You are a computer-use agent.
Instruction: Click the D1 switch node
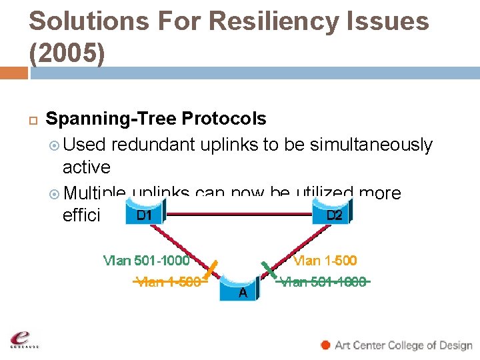(143, 215)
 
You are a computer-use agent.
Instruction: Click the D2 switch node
(333, 215)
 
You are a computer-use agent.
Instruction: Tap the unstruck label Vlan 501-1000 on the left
(146, 260)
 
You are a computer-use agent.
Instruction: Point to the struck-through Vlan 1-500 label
(168, 281)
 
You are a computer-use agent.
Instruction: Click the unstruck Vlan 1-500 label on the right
(325, 260)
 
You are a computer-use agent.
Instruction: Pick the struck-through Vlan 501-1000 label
(323, 281)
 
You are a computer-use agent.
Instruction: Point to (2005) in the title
(67, 54)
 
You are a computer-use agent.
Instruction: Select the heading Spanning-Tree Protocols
(155, 119)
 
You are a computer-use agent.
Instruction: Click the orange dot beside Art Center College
(325, 345)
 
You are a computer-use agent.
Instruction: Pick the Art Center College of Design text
(403, 345)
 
